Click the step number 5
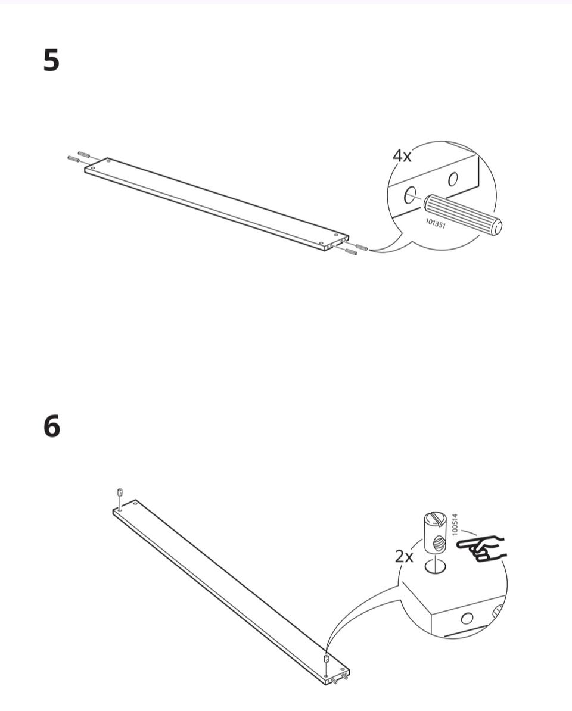[51, 61]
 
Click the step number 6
[52, 427]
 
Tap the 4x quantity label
[402, 155]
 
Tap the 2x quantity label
[404, 556]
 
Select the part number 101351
[436, 223]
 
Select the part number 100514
[455, 524]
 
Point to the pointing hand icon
[481, 548]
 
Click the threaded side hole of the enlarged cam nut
[438, 542]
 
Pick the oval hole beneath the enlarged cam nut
[435, 566]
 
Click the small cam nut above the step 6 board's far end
[120, 492]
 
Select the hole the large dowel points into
[409, 195]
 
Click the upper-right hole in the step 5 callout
[453, 180]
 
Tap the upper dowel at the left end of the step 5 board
[84, 154]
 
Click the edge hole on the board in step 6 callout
[467, 618]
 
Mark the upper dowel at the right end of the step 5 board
[361, 247]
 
